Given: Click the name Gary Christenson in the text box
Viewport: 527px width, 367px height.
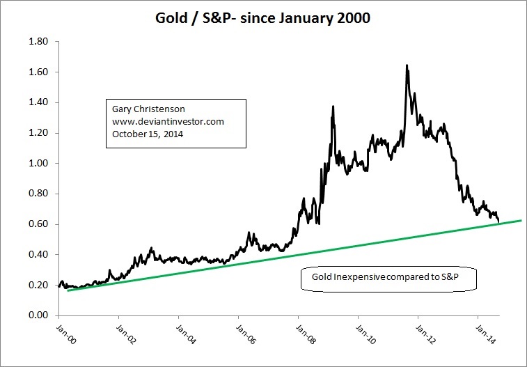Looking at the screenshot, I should click(146, 109).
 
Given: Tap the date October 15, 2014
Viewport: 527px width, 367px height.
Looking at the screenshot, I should click(146, 134).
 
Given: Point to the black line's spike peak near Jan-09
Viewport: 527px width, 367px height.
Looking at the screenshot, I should click(333, 107).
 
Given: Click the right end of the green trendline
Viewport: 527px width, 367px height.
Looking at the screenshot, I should click(521, 220).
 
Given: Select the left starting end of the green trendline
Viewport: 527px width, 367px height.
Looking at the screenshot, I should click(68, 290).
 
